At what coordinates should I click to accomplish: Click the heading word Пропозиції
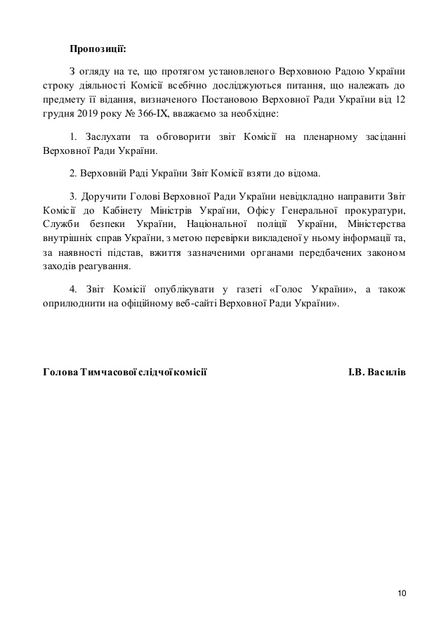(x=98, y=48)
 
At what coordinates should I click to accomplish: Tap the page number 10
(x=402, y=593)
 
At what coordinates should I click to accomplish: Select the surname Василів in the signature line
(x=387, y=371)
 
